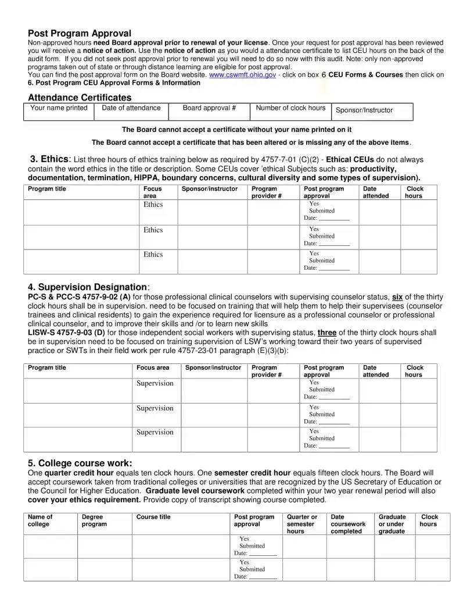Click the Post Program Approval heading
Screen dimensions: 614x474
80,34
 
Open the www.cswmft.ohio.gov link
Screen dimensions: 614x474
243,75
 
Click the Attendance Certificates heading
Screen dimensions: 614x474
80,98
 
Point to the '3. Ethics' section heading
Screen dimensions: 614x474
51,159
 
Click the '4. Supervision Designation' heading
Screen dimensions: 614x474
88,287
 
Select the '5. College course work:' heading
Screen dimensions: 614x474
80,463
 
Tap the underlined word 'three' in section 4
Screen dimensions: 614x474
327,333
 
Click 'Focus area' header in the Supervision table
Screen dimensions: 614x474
153,368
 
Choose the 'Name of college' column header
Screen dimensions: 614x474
40,520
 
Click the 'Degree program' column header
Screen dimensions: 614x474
94,520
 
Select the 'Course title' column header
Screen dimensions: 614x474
153,517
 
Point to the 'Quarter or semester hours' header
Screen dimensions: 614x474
302,524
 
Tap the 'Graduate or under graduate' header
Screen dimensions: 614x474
392,524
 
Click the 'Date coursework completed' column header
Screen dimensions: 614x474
347,524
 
